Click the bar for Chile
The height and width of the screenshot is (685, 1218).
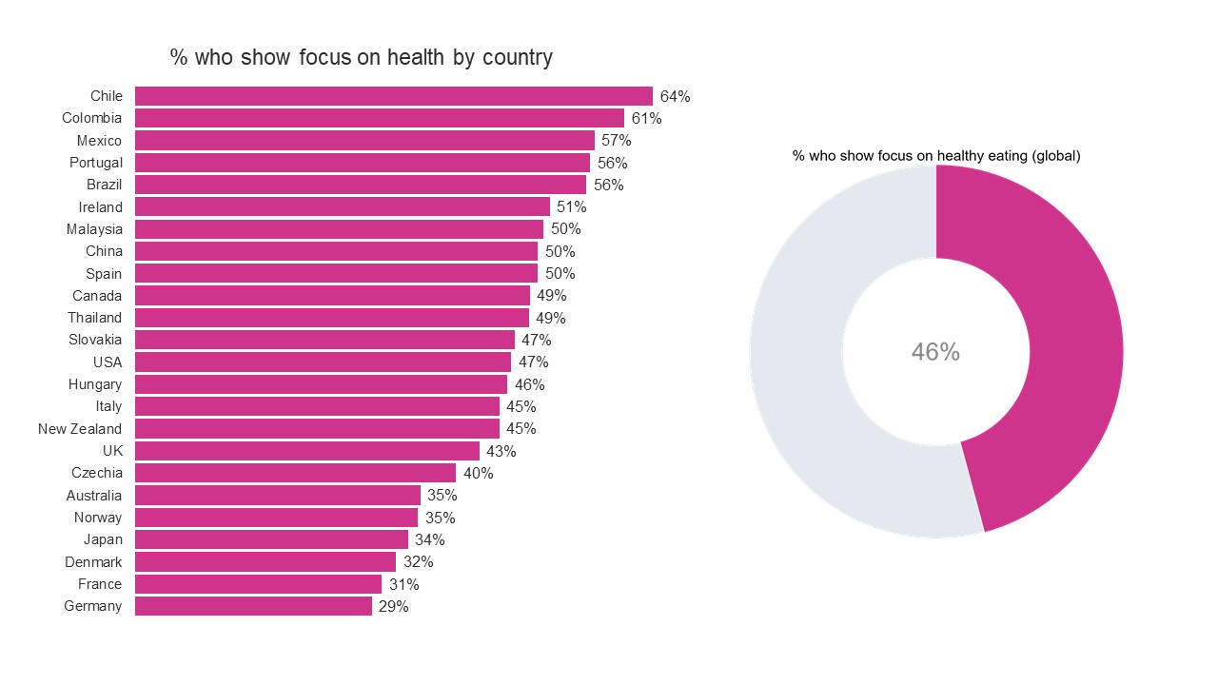point(393,96)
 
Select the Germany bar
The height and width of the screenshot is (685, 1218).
point(253,606)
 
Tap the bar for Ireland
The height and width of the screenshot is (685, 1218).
point(343,206)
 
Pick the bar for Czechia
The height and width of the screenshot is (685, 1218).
point(295,473)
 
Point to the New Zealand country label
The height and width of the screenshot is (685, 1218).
point(80,429)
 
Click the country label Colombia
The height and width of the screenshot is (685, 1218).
point(91,118)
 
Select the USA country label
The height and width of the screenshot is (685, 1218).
point(108,362)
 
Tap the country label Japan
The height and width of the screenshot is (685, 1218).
point(103,539)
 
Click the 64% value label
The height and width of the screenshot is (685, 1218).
point(675,96)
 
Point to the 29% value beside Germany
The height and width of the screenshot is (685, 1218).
point(393,606)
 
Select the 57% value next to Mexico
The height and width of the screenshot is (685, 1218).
point(616,141)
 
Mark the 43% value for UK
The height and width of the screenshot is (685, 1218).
point(501,451)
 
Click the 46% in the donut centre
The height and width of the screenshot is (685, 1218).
point(935,352)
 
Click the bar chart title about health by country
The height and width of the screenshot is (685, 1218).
point(361,57)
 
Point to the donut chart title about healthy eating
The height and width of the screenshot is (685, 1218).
point(936,156)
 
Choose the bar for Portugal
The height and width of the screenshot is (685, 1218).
point(362,163)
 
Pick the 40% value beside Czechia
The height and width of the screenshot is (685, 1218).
point(478,473)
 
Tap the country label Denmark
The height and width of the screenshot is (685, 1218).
point(93,562)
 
